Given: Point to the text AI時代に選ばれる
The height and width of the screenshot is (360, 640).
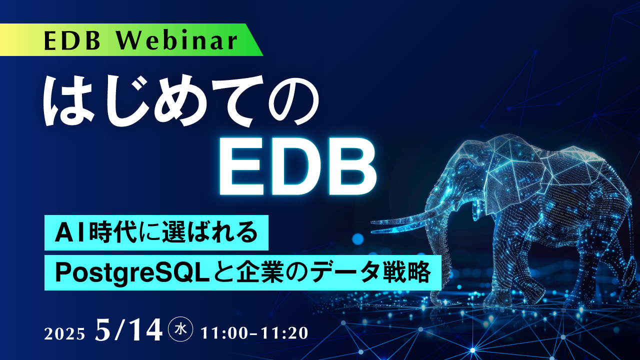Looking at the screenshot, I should [x=156, y=232].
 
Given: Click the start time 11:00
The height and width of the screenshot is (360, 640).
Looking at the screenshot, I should [x=223, y=333].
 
